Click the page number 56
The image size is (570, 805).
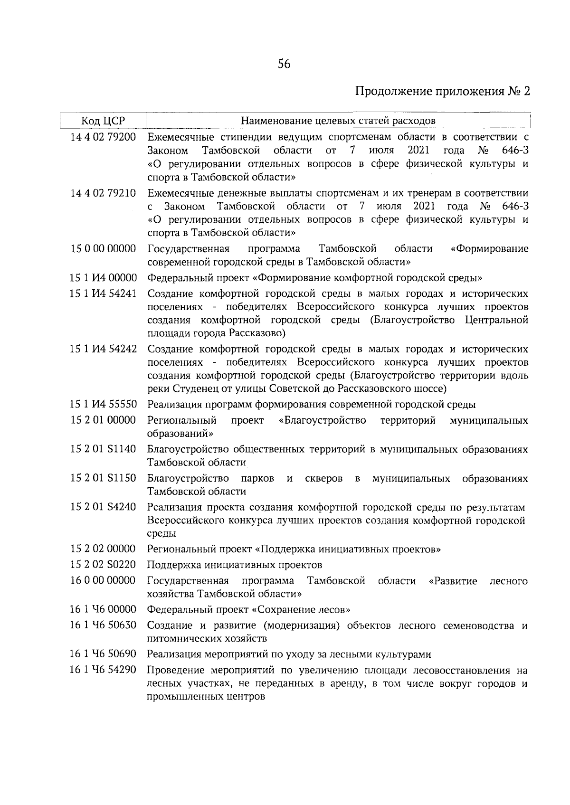[x=284, y=64]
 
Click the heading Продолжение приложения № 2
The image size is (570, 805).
[x=442, y=91]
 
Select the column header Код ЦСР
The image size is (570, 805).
[x=103, y=121]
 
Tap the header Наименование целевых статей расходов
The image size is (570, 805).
[x=338, y=121]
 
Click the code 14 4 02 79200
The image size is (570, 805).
[x=103, y=137]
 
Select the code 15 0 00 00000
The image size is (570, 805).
[x=103, y=248]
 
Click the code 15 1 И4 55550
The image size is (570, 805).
[x=103, y=404]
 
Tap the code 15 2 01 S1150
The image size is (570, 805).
[x=103, y=478]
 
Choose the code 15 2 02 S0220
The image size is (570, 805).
[x=103, y=565]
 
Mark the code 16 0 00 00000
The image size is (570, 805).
[x=103, y=580]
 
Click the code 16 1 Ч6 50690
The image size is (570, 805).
[x=103, y=654]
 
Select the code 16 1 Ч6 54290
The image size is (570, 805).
[x=103, y=670]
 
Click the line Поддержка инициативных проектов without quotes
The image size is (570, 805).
[x=235, y=565]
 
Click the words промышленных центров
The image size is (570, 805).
[x=206, y=697]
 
